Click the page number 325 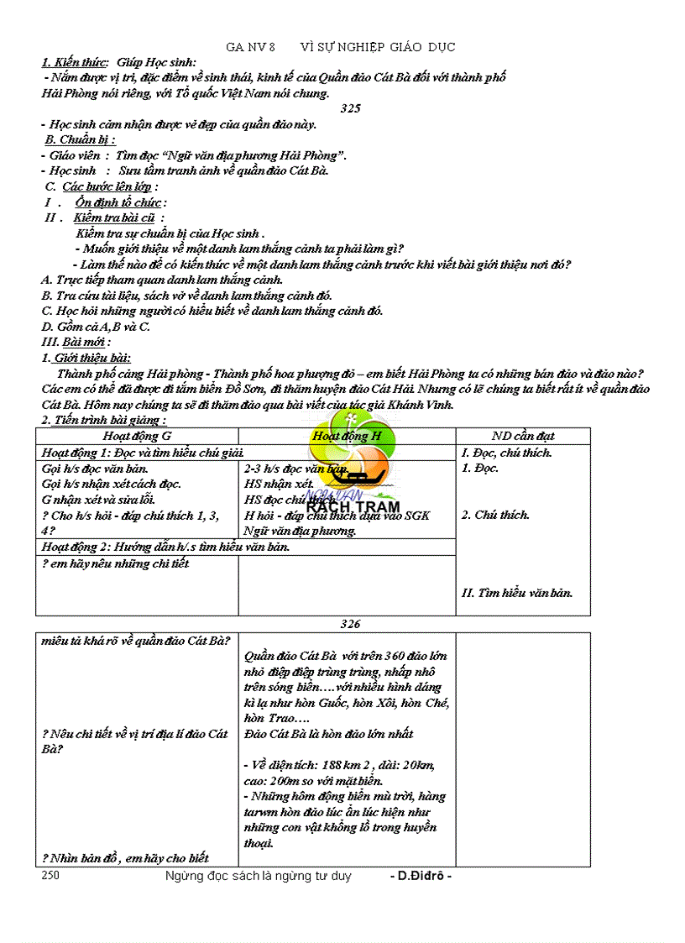[350, 109]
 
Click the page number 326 [350, 624]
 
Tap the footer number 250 [50, 876]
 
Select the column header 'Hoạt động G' [137, 436]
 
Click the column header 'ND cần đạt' [523, 436]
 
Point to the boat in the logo [358, 479]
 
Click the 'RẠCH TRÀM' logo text [352, 506]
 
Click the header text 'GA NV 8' [250, 47]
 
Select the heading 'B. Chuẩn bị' [80, 140]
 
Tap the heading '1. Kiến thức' [75, 62]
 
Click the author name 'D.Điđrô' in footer [421, 876]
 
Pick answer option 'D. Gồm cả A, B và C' [96, 327]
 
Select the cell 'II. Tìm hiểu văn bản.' [517, 593]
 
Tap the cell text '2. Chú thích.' [495, 515]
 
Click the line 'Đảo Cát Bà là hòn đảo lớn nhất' [328, 734]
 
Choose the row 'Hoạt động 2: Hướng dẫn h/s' [165, 547]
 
